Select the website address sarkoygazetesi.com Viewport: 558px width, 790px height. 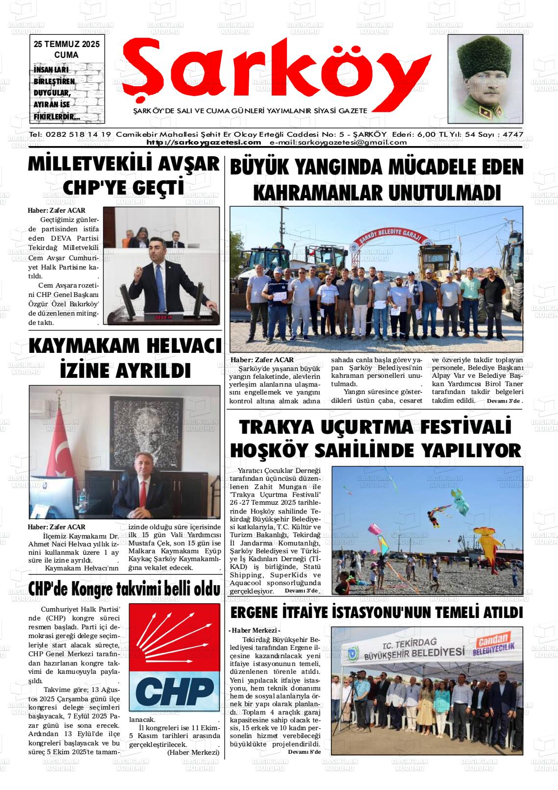[x=204, y=143]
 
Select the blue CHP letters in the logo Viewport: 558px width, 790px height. [x=174, y=691]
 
